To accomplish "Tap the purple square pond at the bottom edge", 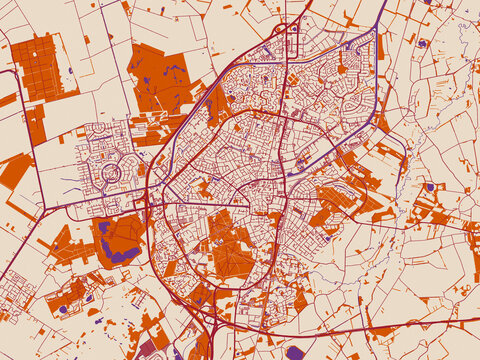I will (294, 352).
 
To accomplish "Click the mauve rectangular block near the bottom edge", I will (147, 349).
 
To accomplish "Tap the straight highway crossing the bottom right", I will (400, 326).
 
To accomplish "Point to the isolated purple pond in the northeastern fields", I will (422, 43).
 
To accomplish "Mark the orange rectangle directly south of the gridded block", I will (36, 124).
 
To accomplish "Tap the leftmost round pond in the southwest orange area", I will (62, 309).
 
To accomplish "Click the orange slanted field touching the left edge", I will (14, 170).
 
